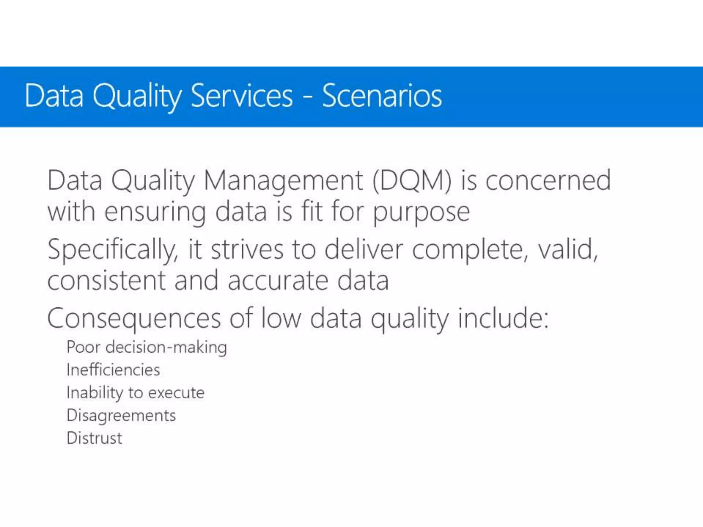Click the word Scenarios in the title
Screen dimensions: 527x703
click(382, 96)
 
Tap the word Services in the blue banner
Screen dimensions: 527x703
click(241, 96)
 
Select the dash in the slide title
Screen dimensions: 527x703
click(308, 97)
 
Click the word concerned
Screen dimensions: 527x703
click(548, 181)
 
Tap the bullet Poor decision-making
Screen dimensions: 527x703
click(147, 347)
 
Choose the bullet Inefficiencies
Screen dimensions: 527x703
click(113, 370)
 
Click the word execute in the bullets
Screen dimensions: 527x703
click(176, 393)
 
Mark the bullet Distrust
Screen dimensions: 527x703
click(94, 438)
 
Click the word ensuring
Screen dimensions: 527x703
click(155, 213)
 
